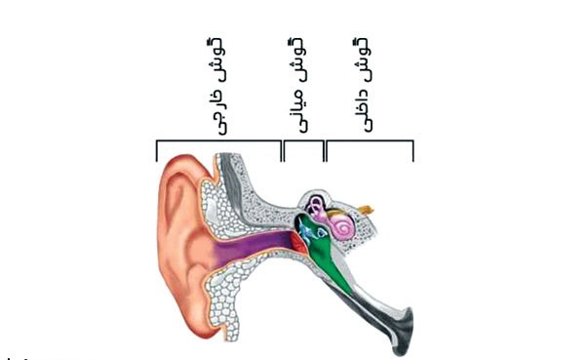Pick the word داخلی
(x=363, y=107)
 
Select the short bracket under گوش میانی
(x=303, y=142)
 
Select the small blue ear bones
(x=313, y=230)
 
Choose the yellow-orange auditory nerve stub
(x=366, y=209)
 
